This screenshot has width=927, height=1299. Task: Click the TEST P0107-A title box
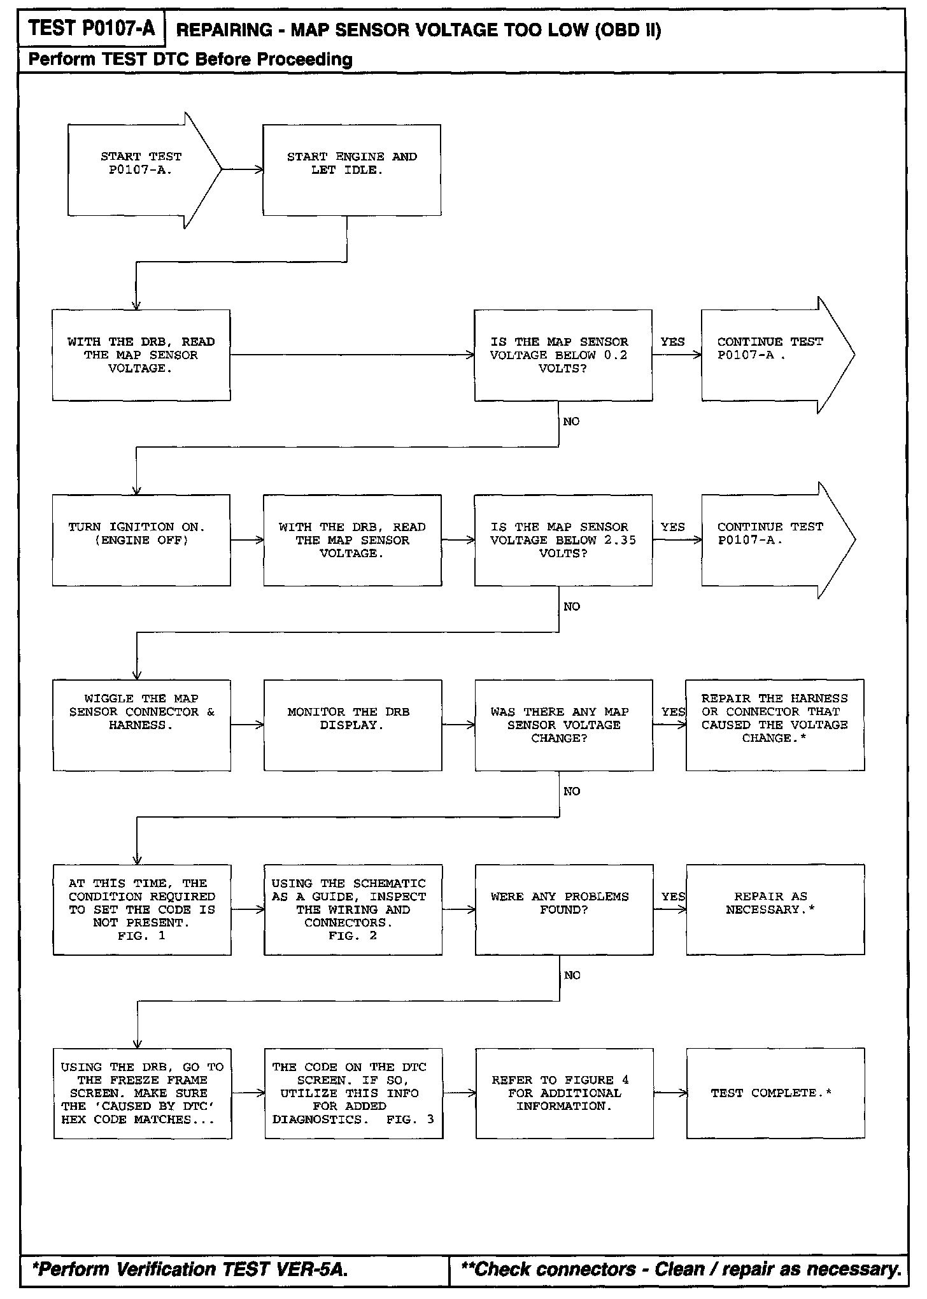pos(92,29)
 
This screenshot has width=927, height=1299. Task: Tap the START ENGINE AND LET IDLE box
pos(351,170)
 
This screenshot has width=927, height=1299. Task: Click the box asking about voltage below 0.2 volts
pos(563,355)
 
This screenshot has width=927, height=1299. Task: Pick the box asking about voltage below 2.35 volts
pos(563,540)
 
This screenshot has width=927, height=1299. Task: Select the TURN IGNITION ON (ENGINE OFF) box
pos(141,540)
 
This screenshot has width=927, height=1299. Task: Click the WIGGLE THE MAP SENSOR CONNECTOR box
pos(141,725)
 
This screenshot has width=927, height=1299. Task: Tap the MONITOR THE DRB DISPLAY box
pos(353,725)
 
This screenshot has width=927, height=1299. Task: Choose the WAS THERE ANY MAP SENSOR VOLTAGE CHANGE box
pos(563,725)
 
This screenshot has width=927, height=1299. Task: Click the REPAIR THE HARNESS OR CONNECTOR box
pos(775,725)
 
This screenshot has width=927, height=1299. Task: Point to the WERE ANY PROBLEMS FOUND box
pos(563,909)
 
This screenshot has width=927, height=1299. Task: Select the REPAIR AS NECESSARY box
pos(775,909)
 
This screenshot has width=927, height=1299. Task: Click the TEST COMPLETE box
pos(775,1093)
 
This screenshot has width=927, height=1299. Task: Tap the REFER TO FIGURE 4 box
pos(564,1093)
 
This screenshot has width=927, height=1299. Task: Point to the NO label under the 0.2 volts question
pos(571,422)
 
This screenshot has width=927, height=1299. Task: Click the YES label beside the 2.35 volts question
pos(672,527)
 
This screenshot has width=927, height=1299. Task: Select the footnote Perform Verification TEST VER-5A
pos(190,1269)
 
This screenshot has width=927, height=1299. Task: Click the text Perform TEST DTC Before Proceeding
pos(190,60)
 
